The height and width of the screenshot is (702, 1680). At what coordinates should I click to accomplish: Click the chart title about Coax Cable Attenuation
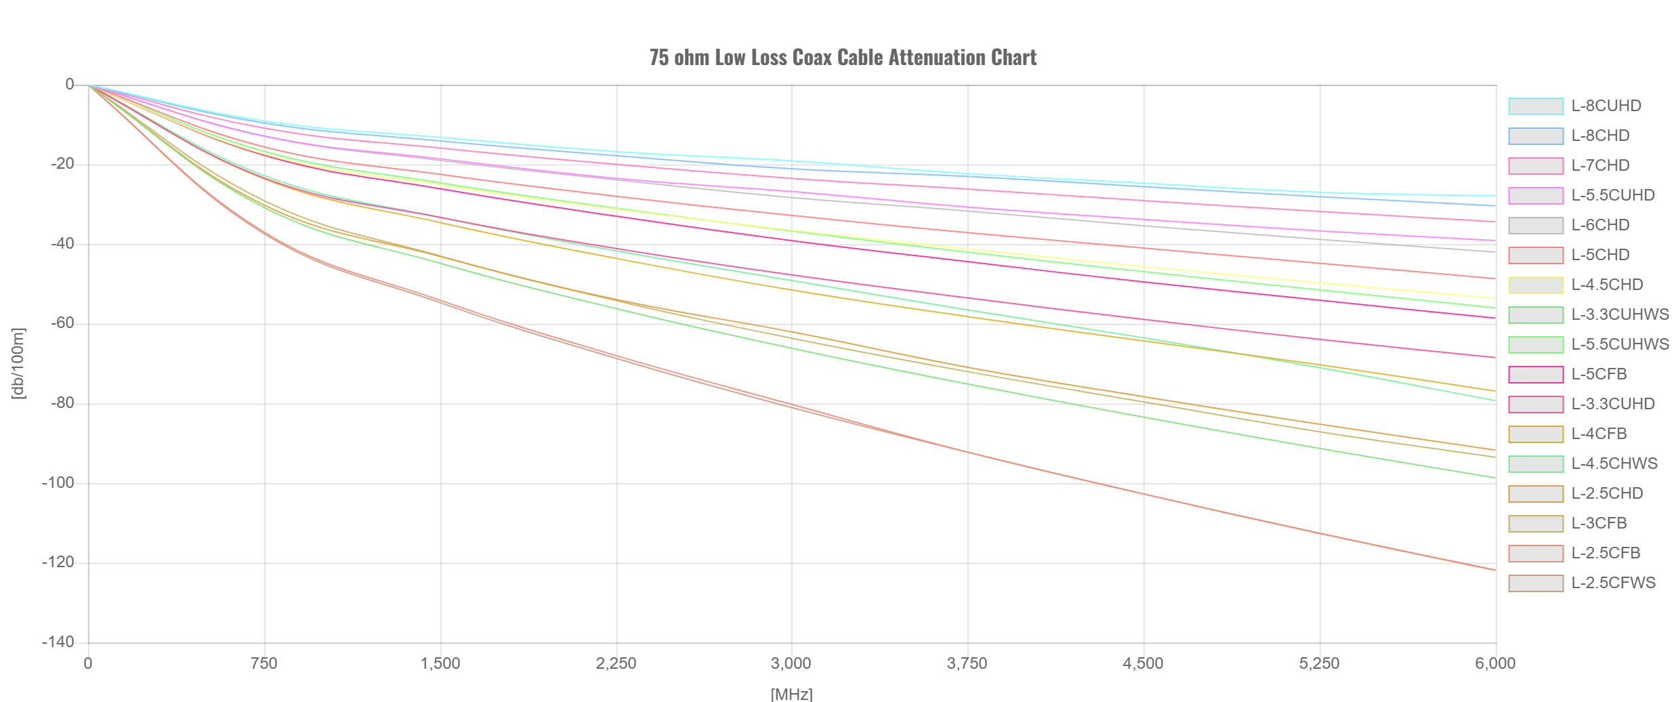[843, 58]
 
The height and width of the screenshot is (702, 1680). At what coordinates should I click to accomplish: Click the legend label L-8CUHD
[1606, 106]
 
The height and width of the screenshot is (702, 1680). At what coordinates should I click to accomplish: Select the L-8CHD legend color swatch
[1536, 136]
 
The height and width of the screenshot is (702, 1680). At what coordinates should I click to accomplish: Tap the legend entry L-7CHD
[1600, 166]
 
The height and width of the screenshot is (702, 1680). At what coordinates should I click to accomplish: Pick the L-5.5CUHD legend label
[1613, 196]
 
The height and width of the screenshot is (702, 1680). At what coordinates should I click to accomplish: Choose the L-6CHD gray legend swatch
[1536, 226]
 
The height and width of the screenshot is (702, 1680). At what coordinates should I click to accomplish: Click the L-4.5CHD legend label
[1607, 285]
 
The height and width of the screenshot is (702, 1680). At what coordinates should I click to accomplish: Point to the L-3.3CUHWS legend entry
[1620, 315]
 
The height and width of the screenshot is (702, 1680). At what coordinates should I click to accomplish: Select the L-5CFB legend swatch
[1536, 375]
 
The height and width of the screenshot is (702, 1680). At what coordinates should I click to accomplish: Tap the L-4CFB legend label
[1599, 434]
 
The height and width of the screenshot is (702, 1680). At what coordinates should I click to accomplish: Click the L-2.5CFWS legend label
[1613, 583]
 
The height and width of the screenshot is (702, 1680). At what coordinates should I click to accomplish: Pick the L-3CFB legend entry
[1599, 524]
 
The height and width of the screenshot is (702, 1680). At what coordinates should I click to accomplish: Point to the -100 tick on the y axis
[58, 483]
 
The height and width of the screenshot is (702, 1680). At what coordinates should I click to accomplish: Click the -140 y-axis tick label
[58, 642]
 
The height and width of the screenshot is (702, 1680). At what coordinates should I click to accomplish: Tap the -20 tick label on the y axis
[62, 164]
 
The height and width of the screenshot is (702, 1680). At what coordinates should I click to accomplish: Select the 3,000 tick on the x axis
[791, 664]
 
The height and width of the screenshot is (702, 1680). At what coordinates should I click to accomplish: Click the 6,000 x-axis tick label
[1495, 664]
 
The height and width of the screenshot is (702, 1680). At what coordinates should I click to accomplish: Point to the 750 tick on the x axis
[264, 664]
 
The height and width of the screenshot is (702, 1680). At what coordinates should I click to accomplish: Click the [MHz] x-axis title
[791, 694]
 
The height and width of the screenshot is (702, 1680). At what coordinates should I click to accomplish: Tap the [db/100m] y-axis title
[18, 364]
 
